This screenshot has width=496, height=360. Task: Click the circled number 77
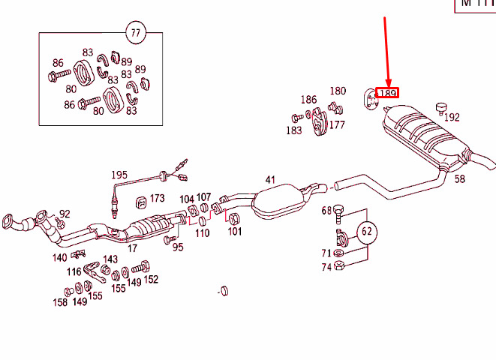(134, 32)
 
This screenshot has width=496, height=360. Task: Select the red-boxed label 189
(387, 93)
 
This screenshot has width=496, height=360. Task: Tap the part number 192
(452, 117)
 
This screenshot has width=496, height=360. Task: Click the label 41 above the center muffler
(271, 180)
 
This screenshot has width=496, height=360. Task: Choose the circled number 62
(367, 231)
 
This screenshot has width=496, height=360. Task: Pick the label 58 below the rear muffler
(459, 178)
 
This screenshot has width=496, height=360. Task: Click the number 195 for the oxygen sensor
(119, 175)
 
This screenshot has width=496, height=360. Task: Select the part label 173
(156, 199)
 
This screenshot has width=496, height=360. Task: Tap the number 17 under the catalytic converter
(132, 247)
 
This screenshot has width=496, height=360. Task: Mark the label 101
(235, 232)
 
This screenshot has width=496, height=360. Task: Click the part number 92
(65, 214)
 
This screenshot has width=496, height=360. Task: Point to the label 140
(59, 257)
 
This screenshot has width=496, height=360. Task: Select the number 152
(151, 279)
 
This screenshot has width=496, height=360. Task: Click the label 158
(59, 303)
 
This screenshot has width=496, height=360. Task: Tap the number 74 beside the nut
(326, 267)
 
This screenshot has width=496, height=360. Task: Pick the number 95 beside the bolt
(177, 247)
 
